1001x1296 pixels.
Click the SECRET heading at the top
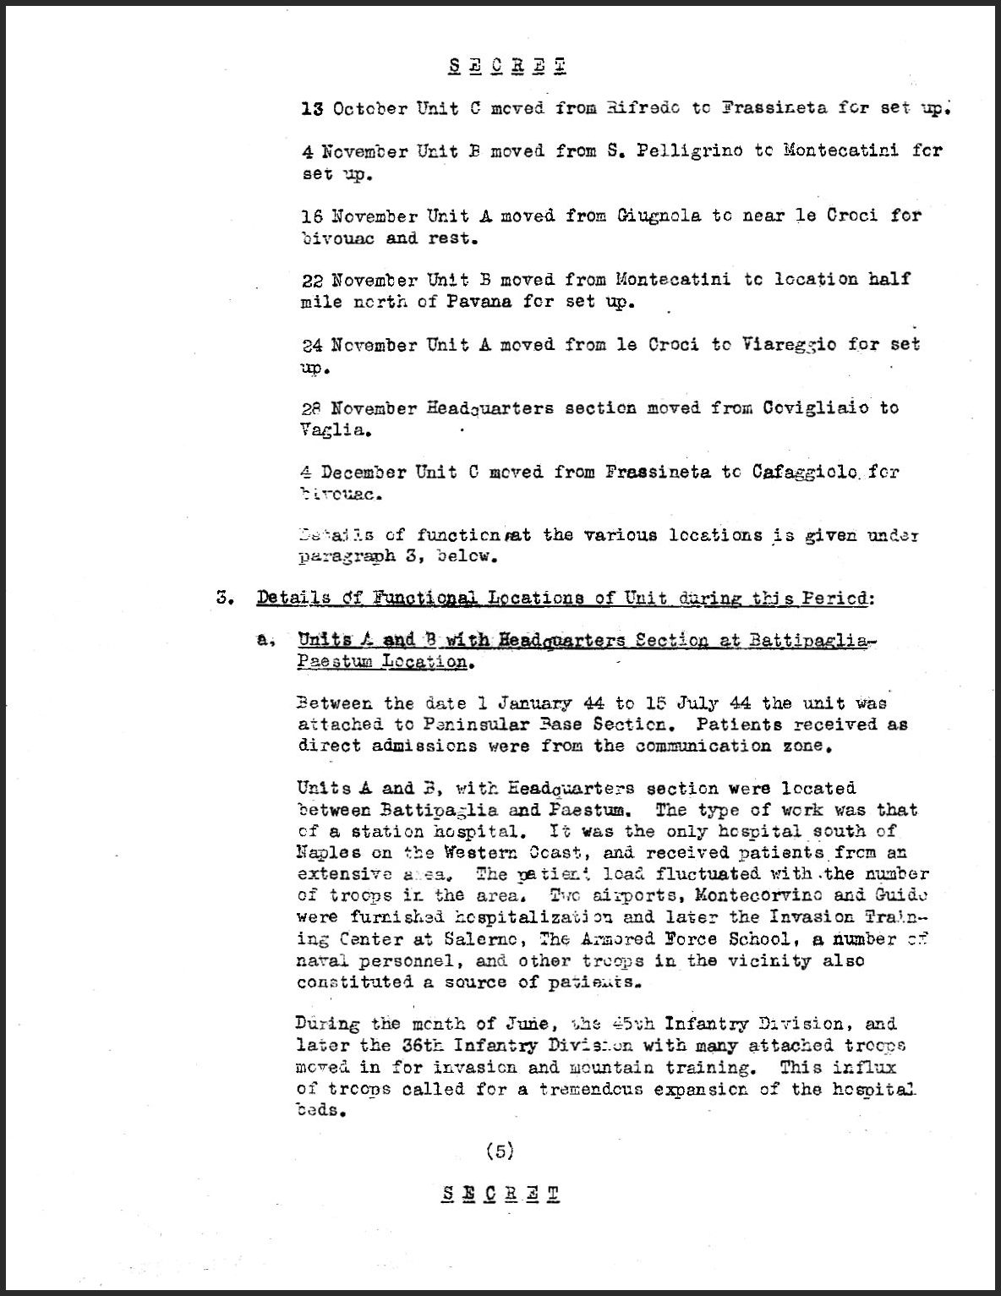(x=506, y=66)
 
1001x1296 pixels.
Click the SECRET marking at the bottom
(x=500, y=1194)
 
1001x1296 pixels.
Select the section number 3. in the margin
(x=224, y=598)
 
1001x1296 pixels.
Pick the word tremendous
(x=603, y=1089)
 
